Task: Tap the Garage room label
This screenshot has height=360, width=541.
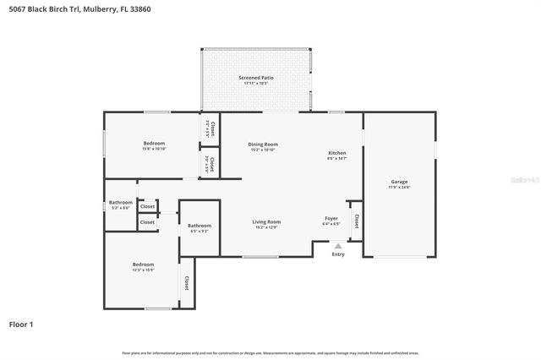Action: (x=399, y=182)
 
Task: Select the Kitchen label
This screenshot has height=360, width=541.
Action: (x=336, y=153)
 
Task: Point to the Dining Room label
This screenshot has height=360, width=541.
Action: (x=263, y=145)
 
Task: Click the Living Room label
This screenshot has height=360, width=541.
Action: (x=266, y=221)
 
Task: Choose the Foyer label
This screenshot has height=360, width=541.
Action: (x=331, y=219)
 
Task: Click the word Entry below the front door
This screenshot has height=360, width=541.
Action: (x=338, y=254)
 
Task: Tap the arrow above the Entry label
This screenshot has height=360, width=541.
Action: (x=338, y=246)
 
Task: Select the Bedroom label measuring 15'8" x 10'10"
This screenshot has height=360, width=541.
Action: (x=154, y=143)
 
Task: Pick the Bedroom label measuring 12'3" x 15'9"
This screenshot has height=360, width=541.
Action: (x=142, y=264)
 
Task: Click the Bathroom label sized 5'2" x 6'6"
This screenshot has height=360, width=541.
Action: (x=120, y=202)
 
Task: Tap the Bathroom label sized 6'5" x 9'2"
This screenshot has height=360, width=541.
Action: (x=199, y=225)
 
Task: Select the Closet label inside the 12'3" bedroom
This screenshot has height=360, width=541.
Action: (x=186, y=283)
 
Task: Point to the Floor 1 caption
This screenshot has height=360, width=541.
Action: (x=21, y=325)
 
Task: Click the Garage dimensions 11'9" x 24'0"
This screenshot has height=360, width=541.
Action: (x=399, y=188)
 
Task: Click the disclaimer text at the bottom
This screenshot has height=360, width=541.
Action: (x=270, y=352)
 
